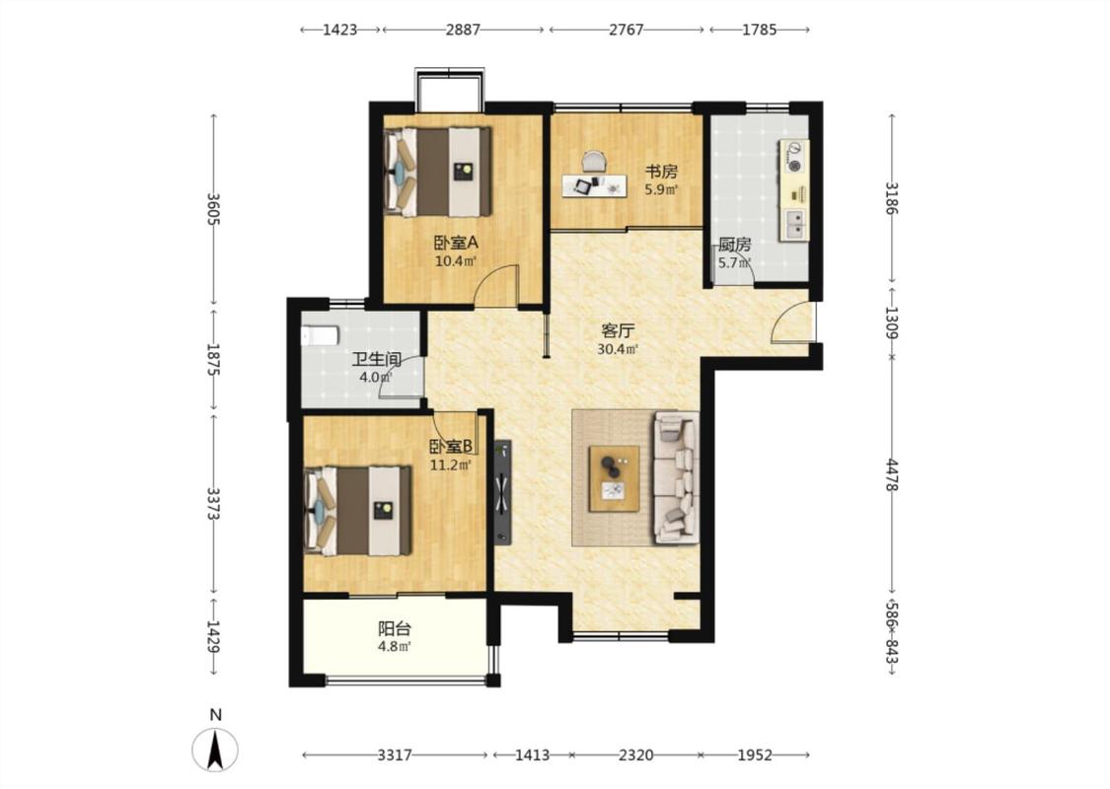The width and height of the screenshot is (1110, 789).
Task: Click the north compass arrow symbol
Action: pyautogui.click(x=215, y=750)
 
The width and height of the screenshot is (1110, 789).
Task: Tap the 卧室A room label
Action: pyautogui.click(x=456, y=243)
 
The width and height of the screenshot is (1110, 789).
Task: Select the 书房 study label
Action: pyautogui.click(x=661, y=172)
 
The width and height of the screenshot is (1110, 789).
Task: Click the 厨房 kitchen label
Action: pyautogui.click(x=734, y=245)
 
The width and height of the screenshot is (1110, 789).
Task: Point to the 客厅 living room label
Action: pyautogui.click(x=618, y=330)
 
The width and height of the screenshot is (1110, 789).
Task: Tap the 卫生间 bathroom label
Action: pyautogui.click(x=377, y=359)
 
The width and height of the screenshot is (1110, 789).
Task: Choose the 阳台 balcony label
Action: pyautogui.click(x=395, y=628)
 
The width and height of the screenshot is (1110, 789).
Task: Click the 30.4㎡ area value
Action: pyautogui.click(x=618, y=349)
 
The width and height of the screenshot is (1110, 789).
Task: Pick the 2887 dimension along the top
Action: pyautogui.click(x=463, y=30)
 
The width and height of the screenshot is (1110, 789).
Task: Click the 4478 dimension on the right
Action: pyautogui.click(x=892, y=475)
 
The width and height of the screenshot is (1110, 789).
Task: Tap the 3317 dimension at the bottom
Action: pyautogui.click(x=395, y=755)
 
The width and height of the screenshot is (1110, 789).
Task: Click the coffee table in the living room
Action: pyautogui.click(x=615, y=478)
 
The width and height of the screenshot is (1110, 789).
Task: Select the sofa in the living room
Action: pyautogui.click(x=676, y=478)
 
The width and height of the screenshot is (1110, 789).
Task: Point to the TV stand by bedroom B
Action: pyautogui.click(x=502, y=492)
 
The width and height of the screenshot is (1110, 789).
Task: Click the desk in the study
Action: pyautogui.click(x=595, y=185)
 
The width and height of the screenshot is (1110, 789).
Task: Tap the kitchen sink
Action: pyautogui.click(x=795, y=224)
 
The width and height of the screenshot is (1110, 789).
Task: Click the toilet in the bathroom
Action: pyautogui.click(x=320, y=335)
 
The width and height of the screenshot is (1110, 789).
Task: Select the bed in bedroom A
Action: pyautogui.click(x=438, y=172)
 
